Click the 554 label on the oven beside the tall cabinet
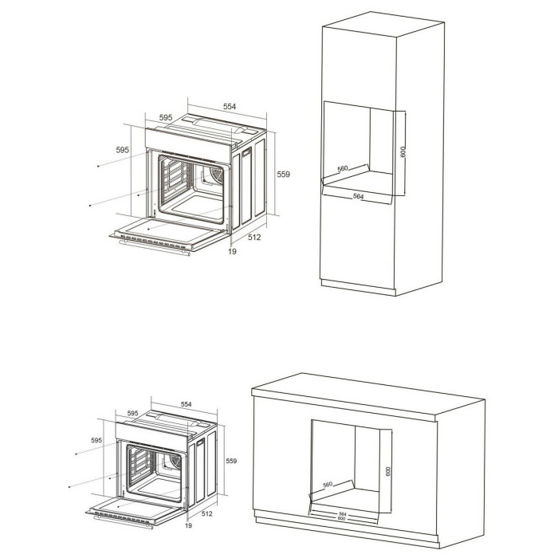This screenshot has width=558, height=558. (229, 106)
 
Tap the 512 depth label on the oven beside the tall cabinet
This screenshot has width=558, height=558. (253, 237)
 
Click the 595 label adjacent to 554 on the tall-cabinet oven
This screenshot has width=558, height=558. (166, 117)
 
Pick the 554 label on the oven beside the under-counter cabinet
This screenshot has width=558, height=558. (187, 404)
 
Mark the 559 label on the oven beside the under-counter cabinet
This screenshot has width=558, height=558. (231, 461)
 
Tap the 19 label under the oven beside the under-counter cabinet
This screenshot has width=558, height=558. (189, 526)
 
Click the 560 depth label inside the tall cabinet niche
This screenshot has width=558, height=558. (344, 169)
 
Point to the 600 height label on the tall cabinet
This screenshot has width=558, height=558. (404, 151)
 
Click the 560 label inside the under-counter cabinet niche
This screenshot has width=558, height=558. (328, 485)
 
